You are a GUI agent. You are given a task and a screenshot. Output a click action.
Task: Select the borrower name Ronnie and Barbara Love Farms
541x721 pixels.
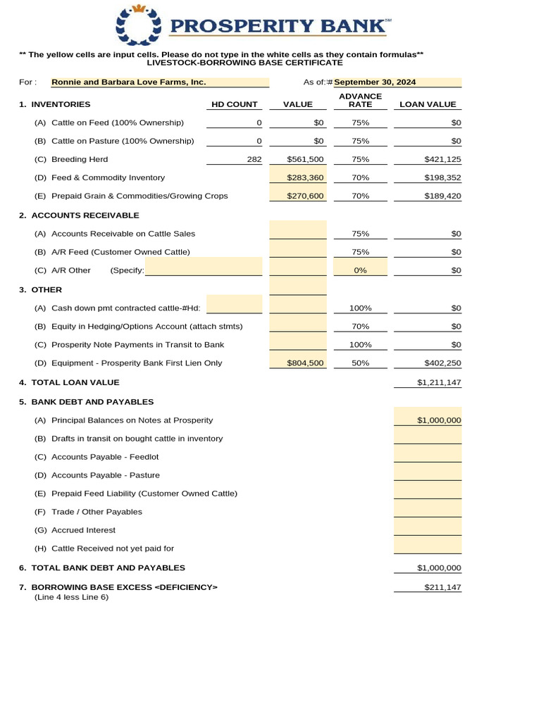(x=129, y=82)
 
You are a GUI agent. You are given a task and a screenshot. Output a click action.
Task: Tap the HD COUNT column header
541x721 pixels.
(x=235, y=105)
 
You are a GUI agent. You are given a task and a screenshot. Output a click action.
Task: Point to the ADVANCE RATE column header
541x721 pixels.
(x=360, y=100)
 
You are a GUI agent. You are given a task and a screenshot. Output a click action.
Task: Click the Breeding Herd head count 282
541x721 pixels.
(x=254, y=159)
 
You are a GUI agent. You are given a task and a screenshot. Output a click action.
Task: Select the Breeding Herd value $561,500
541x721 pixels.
(x=305, y=159)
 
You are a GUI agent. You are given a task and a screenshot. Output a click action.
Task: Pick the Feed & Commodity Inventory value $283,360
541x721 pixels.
(x=305, y=177)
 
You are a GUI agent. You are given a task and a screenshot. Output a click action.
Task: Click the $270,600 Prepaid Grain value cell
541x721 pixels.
(x=305, y=196)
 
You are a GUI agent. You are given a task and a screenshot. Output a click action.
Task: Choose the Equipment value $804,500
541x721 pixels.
(x=305, y=363)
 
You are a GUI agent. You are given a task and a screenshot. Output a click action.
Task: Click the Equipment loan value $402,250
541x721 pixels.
(x=442, y=363)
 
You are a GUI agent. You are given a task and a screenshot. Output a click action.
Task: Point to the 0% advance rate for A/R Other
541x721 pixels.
(x=360, y=270)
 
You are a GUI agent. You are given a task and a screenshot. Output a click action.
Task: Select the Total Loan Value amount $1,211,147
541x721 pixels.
(x=439, y=382)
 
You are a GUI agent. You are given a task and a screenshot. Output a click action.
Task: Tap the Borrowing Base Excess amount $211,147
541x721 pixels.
(x=442, y=587)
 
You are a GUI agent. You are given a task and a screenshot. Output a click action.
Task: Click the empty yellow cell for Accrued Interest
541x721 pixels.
(x=428, y=529)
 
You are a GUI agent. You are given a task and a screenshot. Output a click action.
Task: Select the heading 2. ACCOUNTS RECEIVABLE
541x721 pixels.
(x=79, y=215)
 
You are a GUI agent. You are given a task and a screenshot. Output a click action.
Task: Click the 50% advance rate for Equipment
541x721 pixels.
(x=360, y=363)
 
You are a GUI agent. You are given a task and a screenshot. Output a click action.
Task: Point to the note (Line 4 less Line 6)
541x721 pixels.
(x=72, y=597)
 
